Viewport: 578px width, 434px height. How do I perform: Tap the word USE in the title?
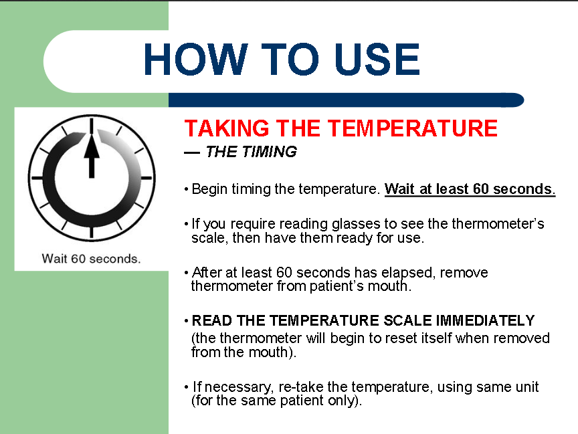coord(377,60)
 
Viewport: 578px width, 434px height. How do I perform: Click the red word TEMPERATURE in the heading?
coord(413,128)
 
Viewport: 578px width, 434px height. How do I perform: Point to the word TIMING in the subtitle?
coord(270,152)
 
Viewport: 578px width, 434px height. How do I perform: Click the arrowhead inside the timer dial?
coord(92,146)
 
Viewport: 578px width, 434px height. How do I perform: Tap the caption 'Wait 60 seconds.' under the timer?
coord(91,259)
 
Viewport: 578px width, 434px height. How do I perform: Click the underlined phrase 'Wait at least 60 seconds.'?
coord(470,189)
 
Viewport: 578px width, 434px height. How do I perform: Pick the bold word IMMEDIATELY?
coord(485,320)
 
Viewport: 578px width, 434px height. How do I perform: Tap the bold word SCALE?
coord(407,320)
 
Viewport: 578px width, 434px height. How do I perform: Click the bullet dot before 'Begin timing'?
coord(187,189)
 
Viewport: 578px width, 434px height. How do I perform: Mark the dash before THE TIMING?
coord(192,152)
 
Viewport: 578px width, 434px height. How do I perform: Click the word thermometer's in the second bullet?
coord(498,223)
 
